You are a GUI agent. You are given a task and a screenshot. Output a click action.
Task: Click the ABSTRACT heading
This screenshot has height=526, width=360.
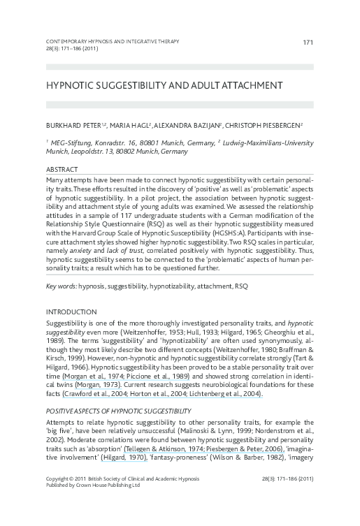[x=62, y=170]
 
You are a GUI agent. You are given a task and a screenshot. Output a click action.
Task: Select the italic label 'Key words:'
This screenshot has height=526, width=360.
[x=61, y=286]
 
